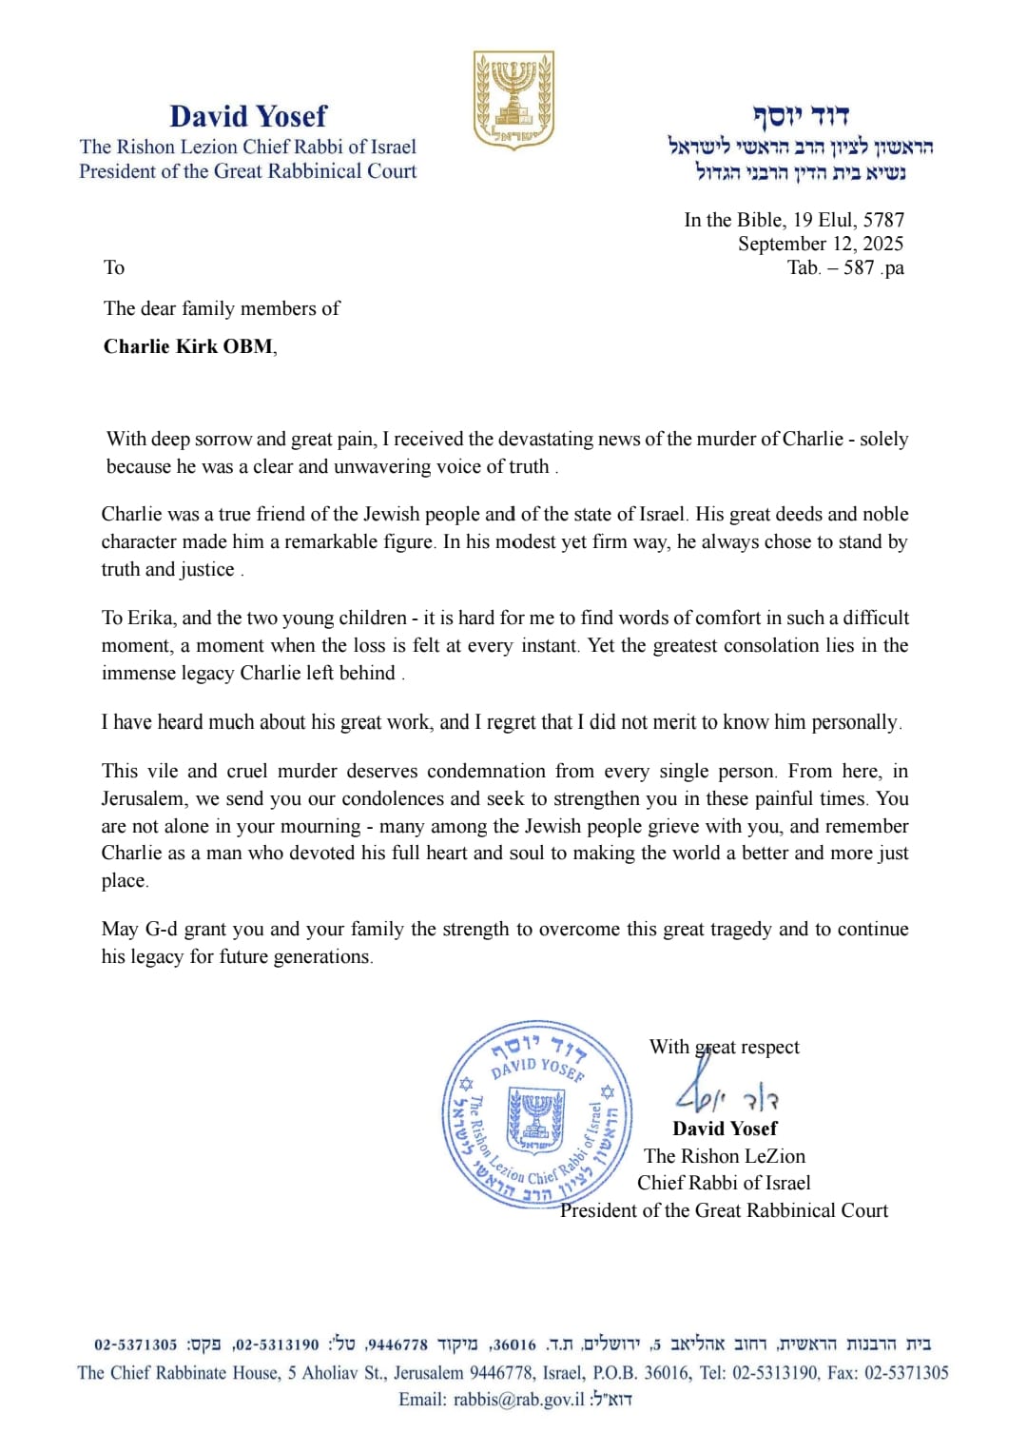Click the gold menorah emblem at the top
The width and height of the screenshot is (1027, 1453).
[513, 101]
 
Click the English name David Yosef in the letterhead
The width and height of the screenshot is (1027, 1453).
[248, 116]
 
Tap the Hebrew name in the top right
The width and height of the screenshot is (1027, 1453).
[801, 116]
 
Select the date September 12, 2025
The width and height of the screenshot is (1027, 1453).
[821, 244]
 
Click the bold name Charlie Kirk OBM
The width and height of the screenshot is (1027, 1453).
[188, 346]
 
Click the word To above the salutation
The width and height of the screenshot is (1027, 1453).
[114, 267]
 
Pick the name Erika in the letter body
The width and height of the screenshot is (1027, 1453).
[150, 618]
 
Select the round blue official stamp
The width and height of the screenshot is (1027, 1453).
[537, 1114]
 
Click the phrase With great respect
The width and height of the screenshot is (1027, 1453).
[724, 1047]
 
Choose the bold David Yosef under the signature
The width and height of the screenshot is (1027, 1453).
[725, 1129]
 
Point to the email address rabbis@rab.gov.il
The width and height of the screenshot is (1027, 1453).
[519, 1399]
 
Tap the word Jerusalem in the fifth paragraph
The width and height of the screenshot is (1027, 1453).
[144, 798]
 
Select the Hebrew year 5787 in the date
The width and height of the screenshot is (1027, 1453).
[883, 220]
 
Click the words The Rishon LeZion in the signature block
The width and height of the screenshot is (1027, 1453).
[725, 1156]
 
